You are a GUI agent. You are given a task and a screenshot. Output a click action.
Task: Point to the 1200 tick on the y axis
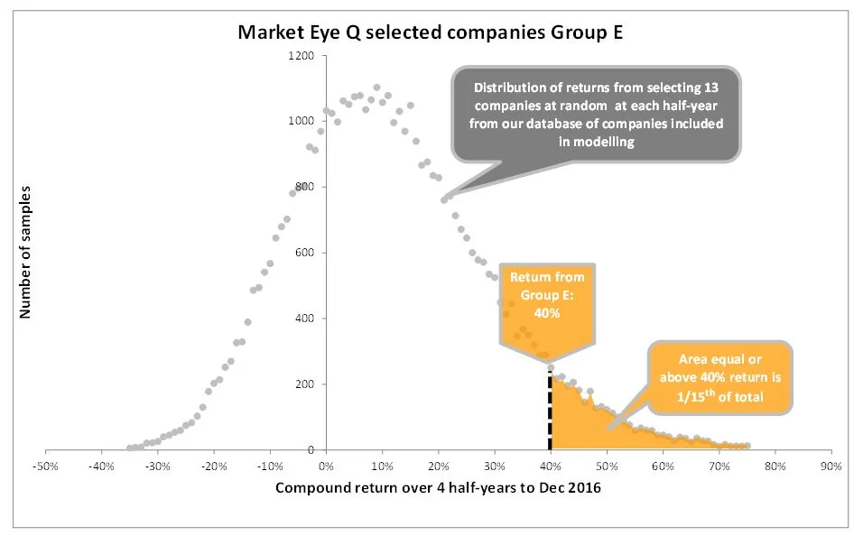tap(301, 56)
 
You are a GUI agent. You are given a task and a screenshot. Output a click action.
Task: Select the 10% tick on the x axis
tap(382, 466)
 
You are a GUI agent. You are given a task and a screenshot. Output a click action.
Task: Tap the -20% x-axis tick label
tap(213, 466)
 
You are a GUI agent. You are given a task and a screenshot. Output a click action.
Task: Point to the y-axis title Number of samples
tap(25, 253)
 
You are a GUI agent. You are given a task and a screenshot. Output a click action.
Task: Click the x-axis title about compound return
tap(437, 488)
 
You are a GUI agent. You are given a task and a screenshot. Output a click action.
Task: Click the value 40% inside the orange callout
tap(548, 313)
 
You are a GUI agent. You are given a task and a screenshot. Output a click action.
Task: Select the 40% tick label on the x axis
tap(551, 466)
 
